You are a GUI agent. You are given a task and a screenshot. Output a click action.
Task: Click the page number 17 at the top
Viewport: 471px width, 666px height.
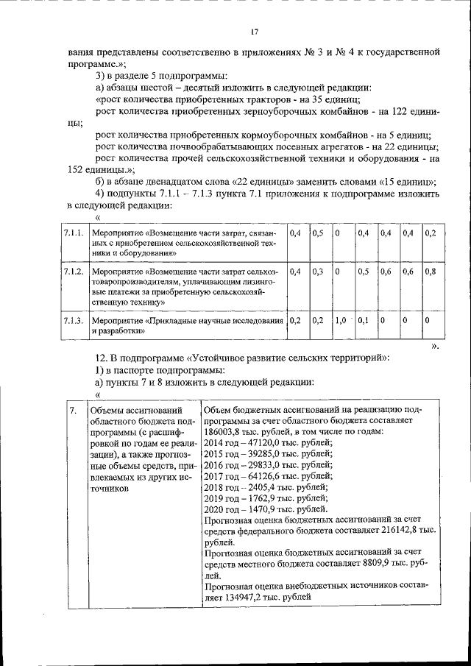(x=254, y=32)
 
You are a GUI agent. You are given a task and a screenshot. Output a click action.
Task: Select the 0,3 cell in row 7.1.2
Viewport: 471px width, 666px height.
(x=318, y=272)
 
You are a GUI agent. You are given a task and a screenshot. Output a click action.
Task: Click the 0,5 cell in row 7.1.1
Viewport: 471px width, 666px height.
(x=318, y=233)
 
